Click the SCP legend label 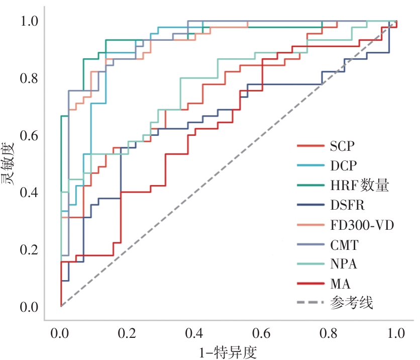(x=342, y=146)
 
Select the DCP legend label (x=343, y=166)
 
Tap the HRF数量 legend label (x=360, y=186)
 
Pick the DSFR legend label (x=347, y=206)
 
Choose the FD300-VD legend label (x=362, y=225)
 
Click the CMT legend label (x=344, y=245)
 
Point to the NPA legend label (x=344, y=264)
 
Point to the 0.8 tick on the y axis (x=29, y=78)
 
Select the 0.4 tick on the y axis (x=29, y=193)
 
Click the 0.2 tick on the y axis (x=29, y=249)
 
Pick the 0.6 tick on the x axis (x=262, y=333)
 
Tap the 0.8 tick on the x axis (x=329, y=333)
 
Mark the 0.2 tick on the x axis (x=128, y=333)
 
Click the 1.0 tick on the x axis (x=396, y=333)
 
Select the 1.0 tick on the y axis (x=29, y=22)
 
